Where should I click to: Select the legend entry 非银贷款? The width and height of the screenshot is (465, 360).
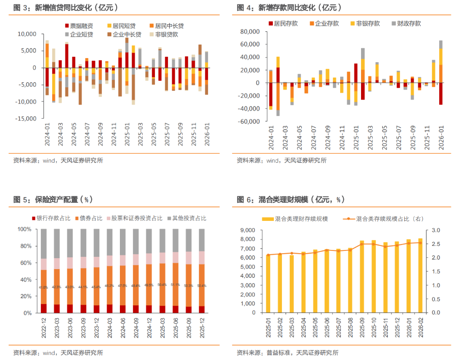(166, 34)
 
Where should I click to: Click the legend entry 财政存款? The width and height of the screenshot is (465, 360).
(409, 24)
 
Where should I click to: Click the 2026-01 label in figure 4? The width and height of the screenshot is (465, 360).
(440, 138)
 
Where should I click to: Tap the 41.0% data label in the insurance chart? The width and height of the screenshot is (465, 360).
(44, 287)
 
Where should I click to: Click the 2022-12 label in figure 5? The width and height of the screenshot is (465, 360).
(44, 330)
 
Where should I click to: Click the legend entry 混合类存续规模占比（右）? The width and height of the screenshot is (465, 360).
(389, 219)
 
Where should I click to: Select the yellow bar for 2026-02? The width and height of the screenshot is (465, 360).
(420, 275)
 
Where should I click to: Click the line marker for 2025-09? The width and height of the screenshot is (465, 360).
(362, 244)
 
